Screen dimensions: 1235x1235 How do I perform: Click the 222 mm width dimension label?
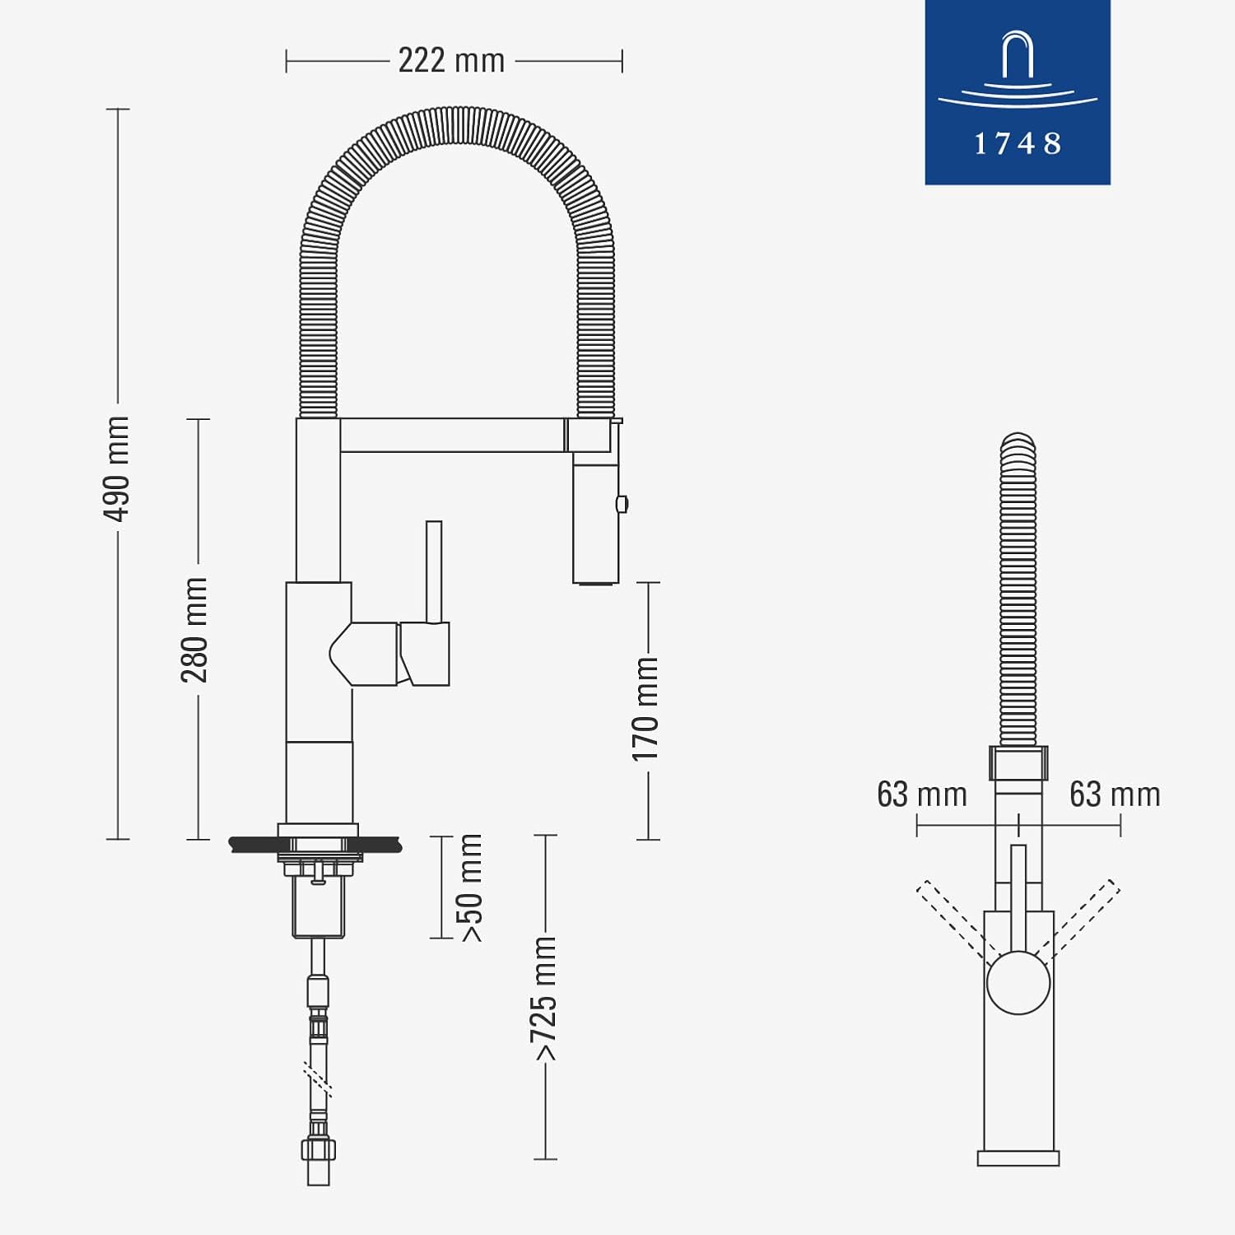coord(451,60)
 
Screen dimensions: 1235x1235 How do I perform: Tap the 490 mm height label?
coord(116,468)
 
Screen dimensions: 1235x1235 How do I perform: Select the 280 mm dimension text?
coord(195,630)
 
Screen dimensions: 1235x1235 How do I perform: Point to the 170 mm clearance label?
coord(645,709)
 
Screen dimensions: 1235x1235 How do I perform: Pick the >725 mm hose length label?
coord(544,999)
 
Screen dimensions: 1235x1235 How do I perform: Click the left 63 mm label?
coord(922,795)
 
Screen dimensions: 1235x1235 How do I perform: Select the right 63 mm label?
coord(1115,795)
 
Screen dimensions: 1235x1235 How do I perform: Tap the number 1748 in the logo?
coord(1018,144)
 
